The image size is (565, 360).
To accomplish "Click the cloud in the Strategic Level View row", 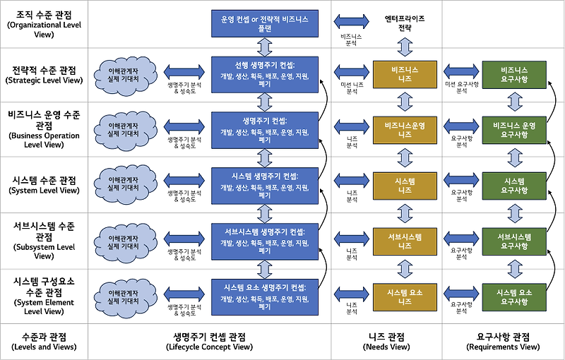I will [x=126, y=76].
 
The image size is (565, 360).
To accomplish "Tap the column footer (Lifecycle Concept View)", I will [x=209, y=342].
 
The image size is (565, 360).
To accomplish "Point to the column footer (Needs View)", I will [x=386, y=342].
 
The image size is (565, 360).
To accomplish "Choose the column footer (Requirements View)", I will [x=504, y=342].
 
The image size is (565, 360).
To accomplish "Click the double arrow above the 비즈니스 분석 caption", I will [x=351, y=20].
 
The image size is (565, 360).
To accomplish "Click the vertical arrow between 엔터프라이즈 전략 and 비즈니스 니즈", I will [x=405, y=46].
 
